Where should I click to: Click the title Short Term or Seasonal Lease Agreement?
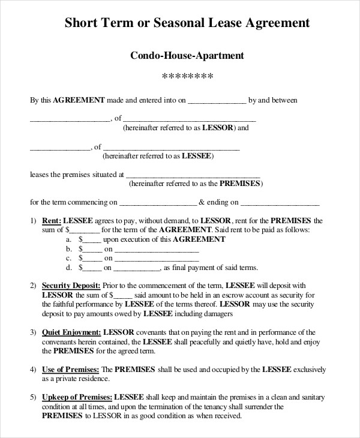[x=187, y=23]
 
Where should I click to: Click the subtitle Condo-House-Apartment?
[x=187, y=56]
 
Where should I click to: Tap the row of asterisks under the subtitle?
[x=188, y=77]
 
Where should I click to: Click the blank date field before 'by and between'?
[x=217, y=101]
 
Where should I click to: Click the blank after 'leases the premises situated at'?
[x=196, y=176]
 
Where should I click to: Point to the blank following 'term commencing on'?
[x=158, y=203]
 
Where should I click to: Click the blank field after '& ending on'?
[x=280, y=203]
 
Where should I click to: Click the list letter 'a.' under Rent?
[x=68, y=239]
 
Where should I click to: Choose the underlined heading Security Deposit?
[x=71, y=285]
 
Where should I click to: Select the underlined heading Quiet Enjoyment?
[x=71, y=331]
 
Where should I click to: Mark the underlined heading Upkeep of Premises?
[x=77, y=397]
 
